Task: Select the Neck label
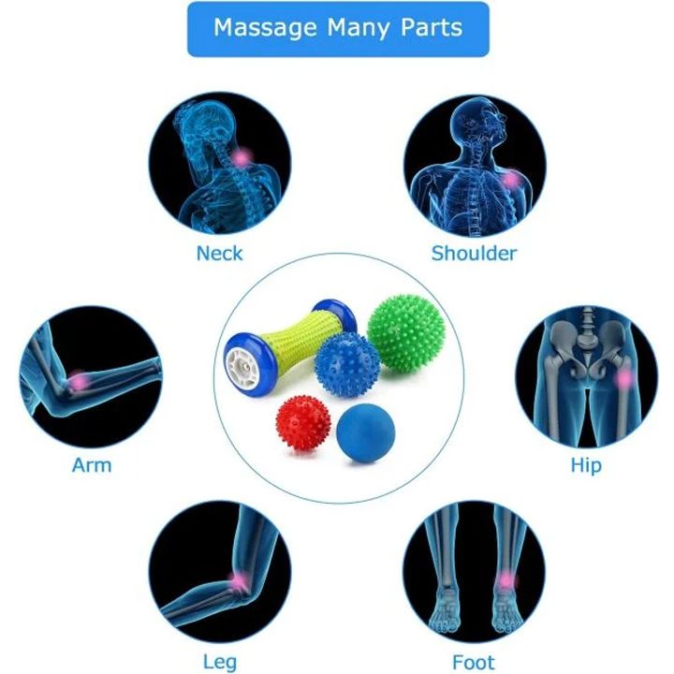coord(219,253)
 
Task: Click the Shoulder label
coord(474,253)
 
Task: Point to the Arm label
coord(92,464)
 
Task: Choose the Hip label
coord(586,465)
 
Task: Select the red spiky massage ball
coord(306,424)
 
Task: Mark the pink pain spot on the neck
coord(242,158)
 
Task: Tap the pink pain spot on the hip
coord(623,378)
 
